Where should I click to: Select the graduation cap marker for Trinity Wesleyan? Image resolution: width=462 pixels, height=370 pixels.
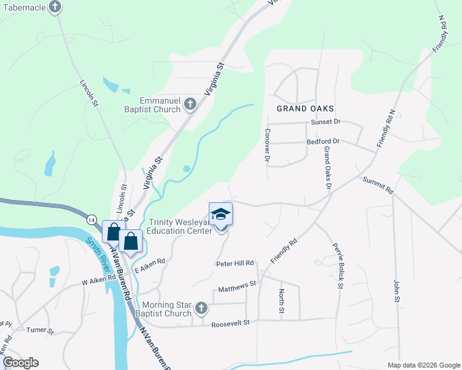coord(220,215)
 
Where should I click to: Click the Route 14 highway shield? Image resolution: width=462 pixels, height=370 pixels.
coord(91,220)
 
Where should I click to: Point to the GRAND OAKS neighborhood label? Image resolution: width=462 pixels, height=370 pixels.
coord(301,108)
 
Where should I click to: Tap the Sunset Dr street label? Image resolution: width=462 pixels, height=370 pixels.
coord(325,122)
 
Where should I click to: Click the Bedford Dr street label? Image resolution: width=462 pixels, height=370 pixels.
coord(324,141)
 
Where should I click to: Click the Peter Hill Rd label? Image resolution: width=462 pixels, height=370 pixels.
coord(235,263)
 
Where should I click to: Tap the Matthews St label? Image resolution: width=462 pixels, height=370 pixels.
coord(237,287)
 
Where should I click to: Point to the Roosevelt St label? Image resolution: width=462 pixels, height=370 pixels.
coord(230,323)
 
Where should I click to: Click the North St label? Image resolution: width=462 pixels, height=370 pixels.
coord(281,300)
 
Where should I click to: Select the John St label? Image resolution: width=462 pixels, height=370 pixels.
coord(398,294)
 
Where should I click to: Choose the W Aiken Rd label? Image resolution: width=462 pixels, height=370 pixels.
coord(99,279)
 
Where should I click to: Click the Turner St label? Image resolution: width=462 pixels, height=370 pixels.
coord(40,330)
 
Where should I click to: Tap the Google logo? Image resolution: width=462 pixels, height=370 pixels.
coord(20,363)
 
